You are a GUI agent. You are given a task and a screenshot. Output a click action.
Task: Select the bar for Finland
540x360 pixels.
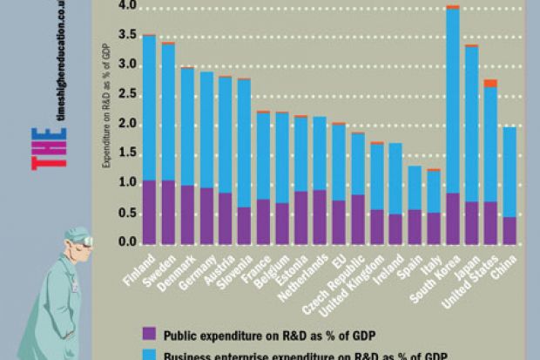tap(149, 139)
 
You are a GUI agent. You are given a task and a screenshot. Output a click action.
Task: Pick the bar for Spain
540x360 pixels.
tap(415, 205)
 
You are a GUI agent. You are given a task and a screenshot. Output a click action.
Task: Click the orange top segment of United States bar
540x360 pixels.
tap(490, 83)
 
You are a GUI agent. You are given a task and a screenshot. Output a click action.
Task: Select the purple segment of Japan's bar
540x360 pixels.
tap(471, 222)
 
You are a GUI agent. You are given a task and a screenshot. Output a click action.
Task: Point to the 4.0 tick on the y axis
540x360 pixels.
tap(128, 6)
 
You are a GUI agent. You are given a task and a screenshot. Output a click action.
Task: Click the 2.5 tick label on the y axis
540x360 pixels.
tap(128, 94)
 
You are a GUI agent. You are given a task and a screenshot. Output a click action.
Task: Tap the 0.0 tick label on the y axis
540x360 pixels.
tap(128, 242)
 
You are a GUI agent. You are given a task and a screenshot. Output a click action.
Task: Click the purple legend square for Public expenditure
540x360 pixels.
tap(149, 332)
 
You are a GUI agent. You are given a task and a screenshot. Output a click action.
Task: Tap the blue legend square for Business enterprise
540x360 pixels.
tap(149, 355)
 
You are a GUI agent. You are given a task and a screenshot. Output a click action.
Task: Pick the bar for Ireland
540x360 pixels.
tap(395, 193)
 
